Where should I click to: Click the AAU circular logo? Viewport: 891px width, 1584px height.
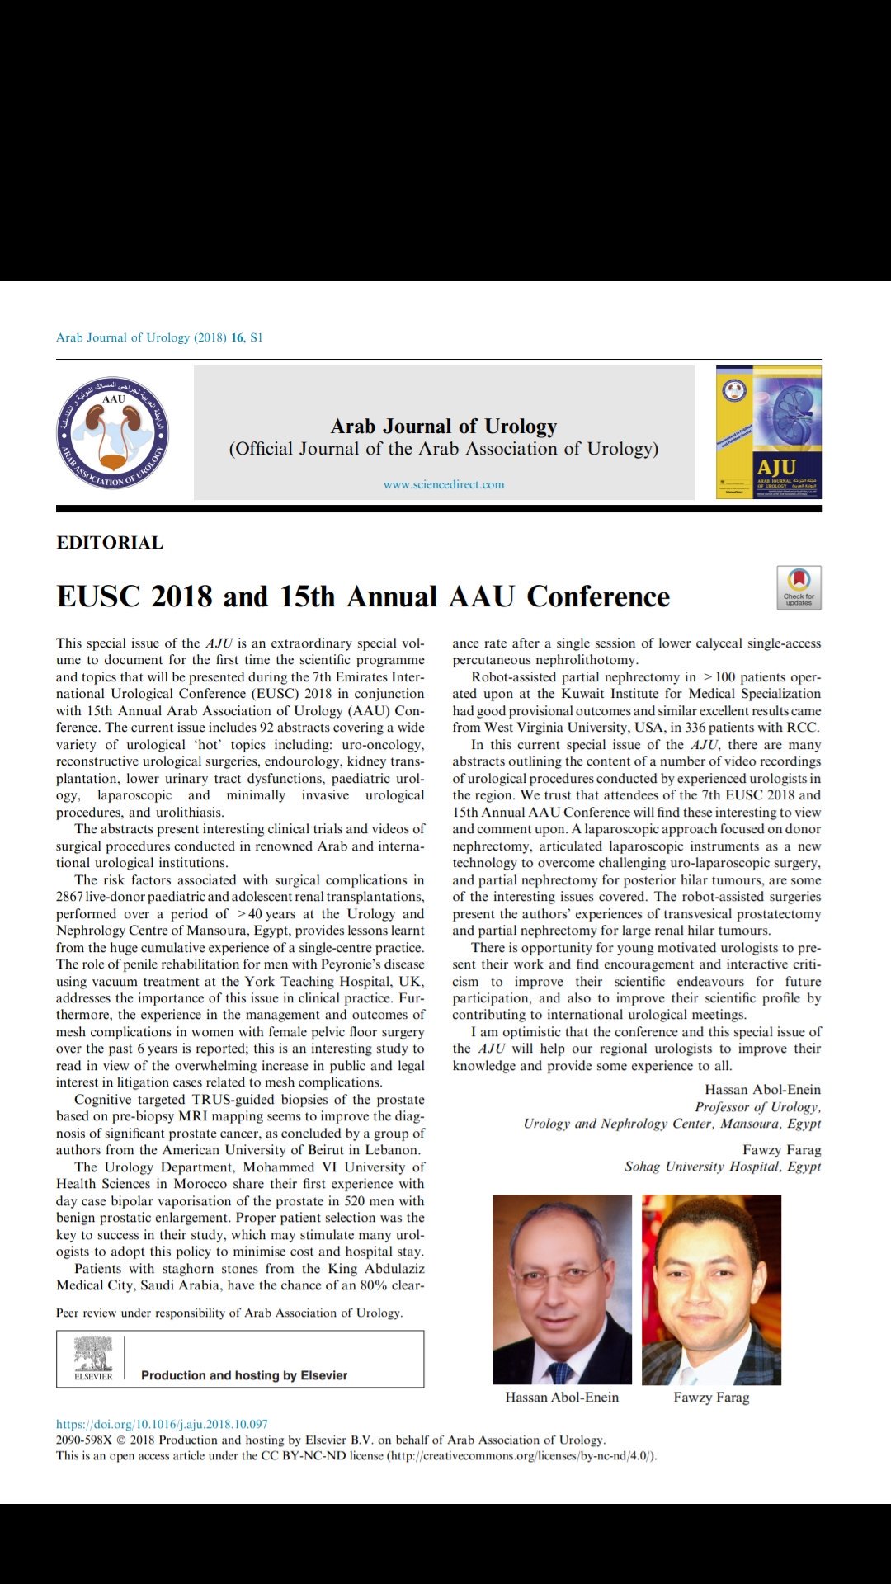[x=112, y=432]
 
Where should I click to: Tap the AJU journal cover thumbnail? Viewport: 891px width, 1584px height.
[x=769, y=432]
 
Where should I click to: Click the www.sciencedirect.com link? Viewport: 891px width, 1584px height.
[x=444, y=485]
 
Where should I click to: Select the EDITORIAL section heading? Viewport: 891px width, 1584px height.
[x=110, y=543]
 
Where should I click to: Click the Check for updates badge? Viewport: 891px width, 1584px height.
[x=799, y=587]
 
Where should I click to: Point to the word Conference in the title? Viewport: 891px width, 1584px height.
[x=598, y=596]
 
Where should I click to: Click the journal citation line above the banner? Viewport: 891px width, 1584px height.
[x=159, y=337]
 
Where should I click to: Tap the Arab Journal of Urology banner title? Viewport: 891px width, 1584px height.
[x=444, y=427]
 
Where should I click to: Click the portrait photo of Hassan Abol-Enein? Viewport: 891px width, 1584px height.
[x=562, y=1289]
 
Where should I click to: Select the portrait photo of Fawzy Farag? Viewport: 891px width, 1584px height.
[x=711, y=1289]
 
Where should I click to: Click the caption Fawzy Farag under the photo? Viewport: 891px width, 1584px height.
[x=711, y=1398]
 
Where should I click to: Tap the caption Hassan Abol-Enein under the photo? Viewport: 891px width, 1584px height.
[x=562, y=1398]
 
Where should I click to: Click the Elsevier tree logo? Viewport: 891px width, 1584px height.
[x=93, y=1358]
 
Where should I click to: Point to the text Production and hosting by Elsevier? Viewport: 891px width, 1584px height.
[x=244, y=1375]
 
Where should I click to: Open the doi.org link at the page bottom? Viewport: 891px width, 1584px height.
[x=162, y=1424]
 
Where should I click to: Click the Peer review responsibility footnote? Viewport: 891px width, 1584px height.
[x=229, y=1313]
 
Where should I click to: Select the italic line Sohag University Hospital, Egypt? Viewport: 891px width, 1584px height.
[x=722, y=1167]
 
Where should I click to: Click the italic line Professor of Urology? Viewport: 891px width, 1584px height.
[x=757, y=1107]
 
